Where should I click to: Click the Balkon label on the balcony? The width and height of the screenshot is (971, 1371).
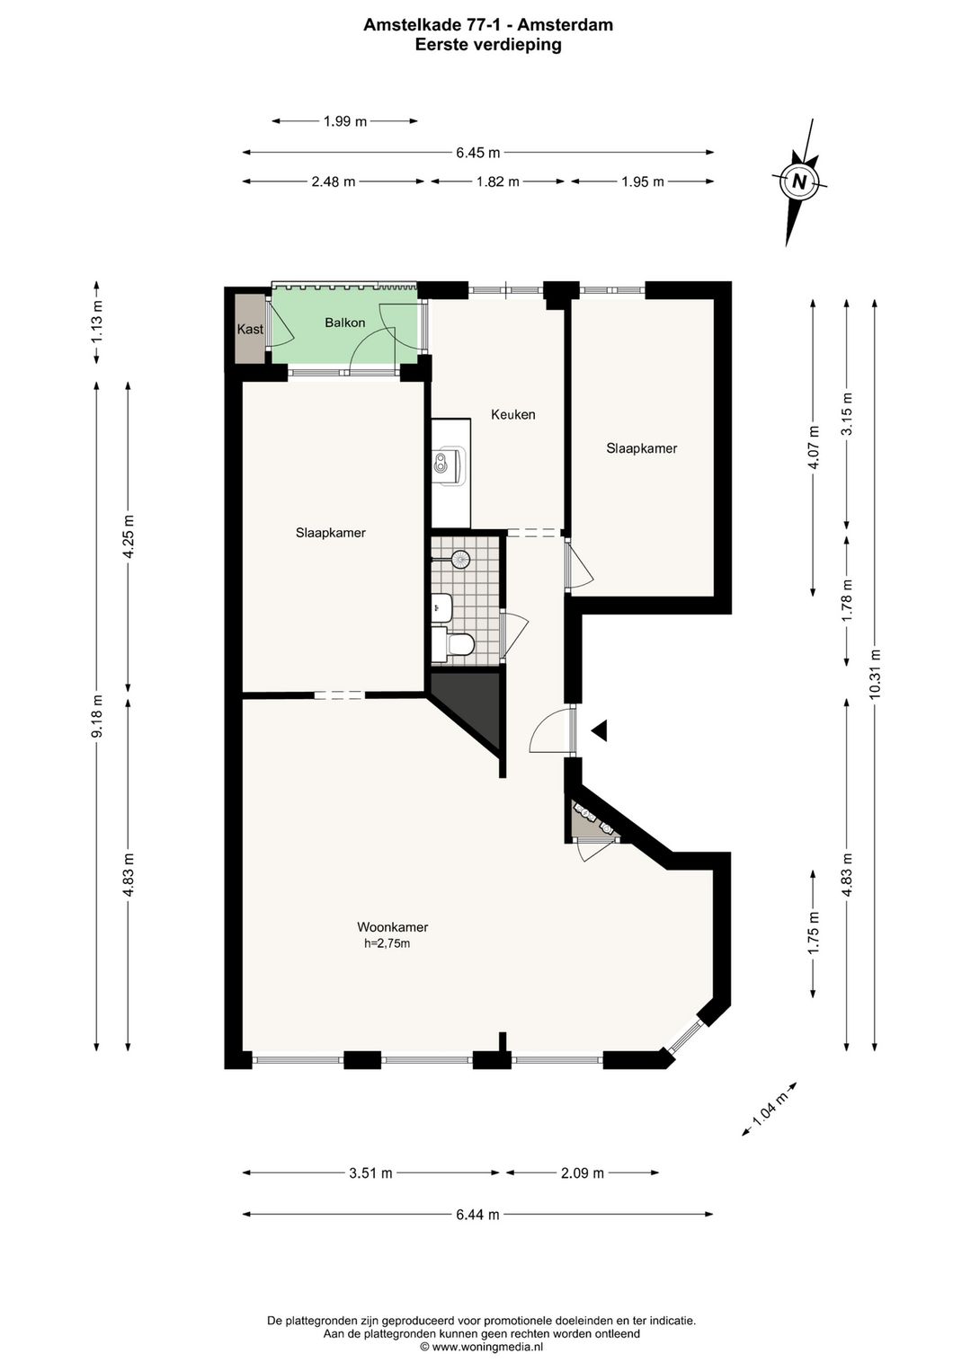pos(345,323)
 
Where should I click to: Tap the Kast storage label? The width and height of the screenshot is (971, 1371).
pos(250,330)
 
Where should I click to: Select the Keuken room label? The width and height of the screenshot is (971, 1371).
pos(513,414)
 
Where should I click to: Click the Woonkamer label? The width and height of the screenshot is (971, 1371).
pos(393,927)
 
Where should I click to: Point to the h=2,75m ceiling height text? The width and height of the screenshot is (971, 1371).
pos(388,943)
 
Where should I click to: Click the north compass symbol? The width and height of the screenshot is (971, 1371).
pos(798,181)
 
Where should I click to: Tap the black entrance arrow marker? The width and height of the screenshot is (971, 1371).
pos(600,731)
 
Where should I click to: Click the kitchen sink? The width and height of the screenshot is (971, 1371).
pos(447,463)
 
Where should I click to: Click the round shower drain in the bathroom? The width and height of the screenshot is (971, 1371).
pos(460,559)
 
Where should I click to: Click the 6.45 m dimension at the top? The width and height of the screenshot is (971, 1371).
pos(477,153)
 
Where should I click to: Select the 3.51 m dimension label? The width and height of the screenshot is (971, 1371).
pos(370,1172)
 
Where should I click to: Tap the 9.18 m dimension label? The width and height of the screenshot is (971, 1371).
pos(97,716)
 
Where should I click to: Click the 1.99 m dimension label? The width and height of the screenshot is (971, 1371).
pos(345,121)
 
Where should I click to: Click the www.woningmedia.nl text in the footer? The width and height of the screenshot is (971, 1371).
pos(487,1347)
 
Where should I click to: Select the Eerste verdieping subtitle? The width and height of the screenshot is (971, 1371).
pos(488,45)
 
